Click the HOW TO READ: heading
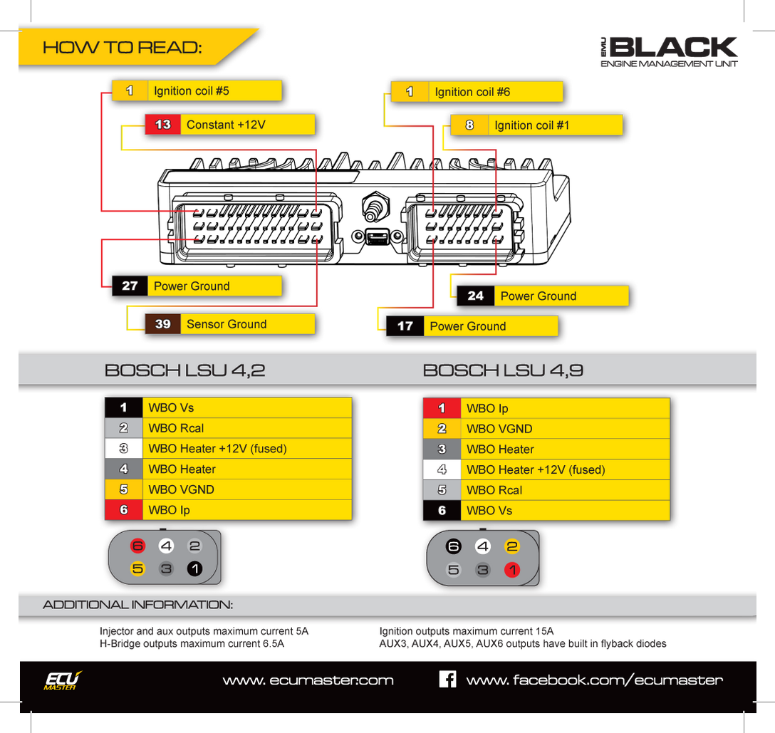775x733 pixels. (122, 48)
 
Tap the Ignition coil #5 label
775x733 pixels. (191, 91)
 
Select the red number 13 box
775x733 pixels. (163, 125)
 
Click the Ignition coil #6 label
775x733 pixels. (472, 92)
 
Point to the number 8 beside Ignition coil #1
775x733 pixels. (469, 125)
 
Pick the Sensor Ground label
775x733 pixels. (227, 324)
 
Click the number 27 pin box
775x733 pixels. (130, 286)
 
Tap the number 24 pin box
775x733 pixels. (475, 296)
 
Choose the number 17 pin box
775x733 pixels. (405, 326)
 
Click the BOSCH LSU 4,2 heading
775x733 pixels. (184, 370)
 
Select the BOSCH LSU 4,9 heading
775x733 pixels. (503, 370)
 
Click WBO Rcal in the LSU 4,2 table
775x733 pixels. (176, 428)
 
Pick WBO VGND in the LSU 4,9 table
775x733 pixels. (499, 429)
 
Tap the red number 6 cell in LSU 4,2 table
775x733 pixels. (123, 510)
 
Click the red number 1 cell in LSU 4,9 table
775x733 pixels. (442, 409)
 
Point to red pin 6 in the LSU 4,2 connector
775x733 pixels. (138, 546)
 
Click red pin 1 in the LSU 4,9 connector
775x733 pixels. (512, 570)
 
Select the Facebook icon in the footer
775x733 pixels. (447, 679)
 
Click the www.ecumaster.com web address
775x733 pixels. (308, 680)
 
